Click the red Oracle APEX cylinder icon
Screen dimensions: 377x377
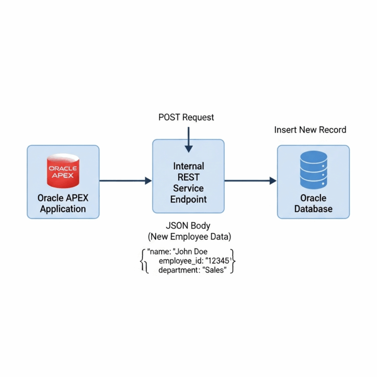pyautogui.click(x=63, y=171)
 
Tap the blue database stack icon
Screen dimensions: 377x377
pyautogui.click(x=313, y=169)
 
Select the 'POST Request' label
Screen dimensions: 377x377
pyautogui.click(x=186, y=117)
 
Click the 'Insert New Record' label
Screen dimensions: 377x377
pyautogui.click(x=310, y=130)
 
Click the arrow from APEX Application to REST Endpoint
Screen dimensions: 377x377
pyautogui.click(x=125, y=181)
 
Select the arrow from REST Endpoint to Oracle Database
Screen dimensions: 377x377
pyautogui.click(x=250, y=181)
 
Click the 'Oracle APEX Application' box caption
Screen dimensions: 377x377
pyautogui.click(x=63, y=204)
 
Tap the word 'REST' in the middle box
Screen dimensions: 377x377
pyautogui.click(x=188, y=177)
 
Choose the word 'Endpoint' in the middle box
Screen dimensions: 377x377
pyautogui.click(x=188, y=199)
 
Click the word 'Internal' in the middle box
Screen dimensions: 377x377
pyautogui.click(x=188, y=166)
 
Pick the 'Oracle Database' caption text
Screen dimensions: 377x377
pyautogui.click(x=313, y=204)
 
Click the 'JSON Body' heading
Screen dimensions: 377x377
pyautogui.click(x=188, y=226)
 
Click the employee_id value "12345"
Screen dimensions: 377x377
pyautogui.click(x=217, y=261)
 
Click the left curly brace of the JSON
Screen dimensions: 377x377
pyautogui.click(x=143, y=261)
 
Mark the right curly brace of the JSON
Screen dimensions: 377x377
pyautogui.click(x=234, y=261)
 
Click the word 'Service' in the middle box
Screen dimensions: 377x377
pyautogui.click(x=188, y=188)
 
